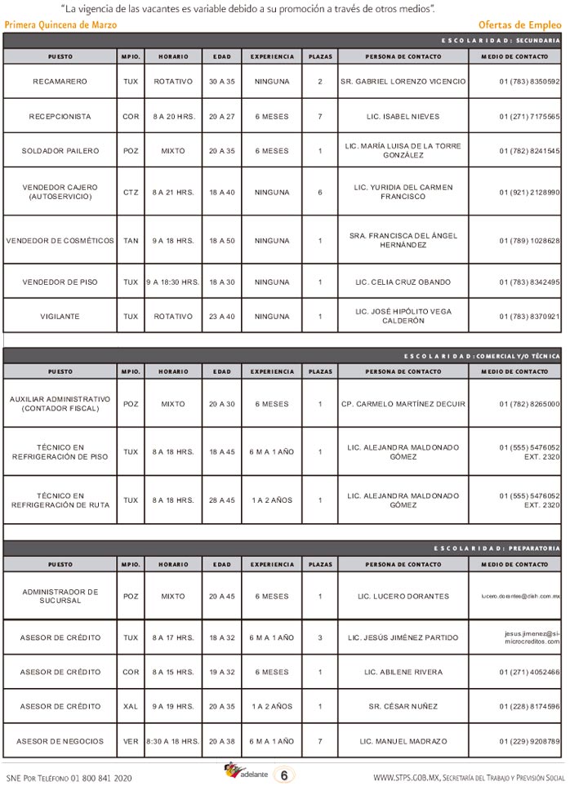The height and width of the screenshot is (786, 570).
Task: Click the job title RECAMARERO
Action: [60, 82]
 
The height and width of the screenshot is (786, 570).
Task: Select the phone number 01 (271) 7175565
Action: [528, 117]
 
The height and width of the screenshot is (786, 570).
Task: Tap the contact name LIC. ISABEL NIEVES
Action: [403, 117]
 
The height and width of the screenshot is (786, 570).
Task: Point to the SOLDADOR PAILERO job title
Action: [60, 151]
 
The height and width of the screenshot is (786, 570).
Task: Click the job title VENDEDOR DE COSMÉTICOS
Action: [60, 241]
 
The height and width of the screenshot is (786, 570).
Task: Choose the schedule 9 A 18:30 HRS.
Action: [173, 282]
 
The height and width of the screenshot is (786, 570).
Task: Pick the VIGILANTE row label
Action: [60, 316]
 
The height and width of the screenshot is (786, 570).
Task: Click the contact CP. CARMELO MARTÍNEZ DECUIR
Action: [403, 404]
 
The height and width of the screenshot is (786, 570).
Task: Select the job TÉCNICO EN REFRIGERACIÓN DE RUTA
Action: [60, 500]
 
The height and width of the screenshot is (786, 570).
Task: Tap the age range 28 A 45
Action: [221, 500]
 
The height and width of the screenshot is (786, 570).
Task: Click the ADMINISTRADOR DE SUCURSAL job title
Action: [60, 596]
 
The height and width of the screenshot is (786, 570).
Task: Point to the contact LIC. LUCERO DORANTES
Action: [403, 596]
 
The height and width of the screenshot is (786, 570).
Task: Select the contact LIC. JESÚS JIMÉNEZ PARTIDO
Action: [403, 637]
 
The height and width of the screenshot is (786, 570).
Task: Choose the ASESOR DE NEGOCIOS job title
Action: [60, 740]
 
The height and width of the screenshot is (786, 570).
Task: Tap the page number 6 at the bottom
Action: [283, 775]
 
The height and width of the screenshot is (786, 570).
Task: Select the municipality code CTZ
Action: [131, 192]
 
